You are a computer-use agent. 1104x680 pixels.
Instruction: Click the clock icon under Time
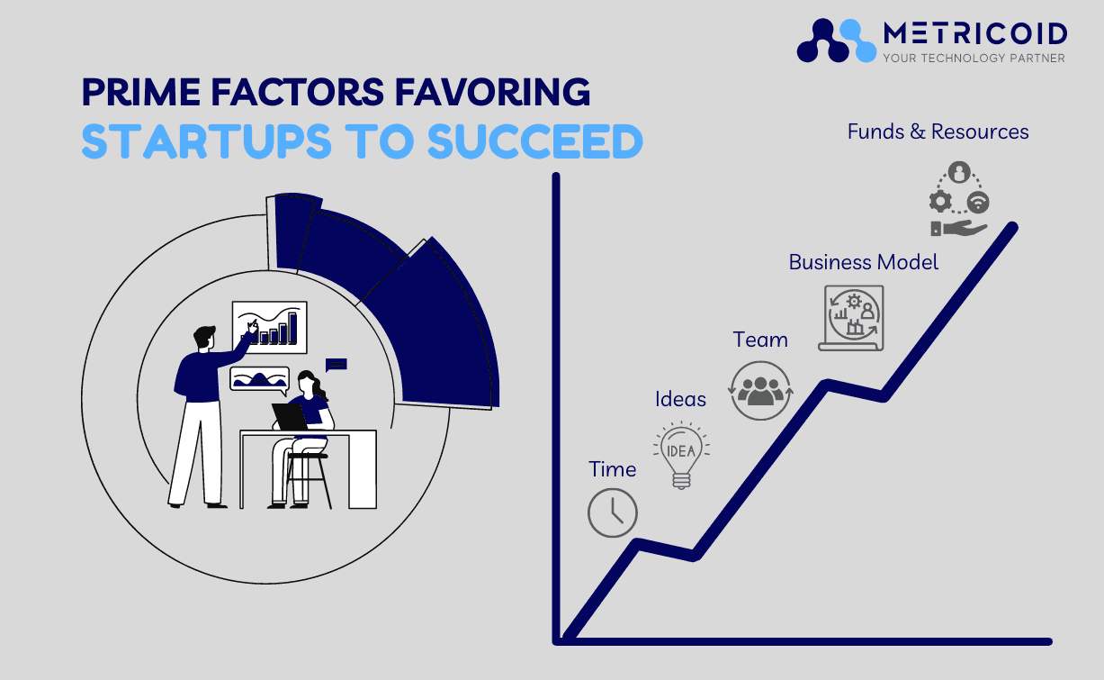click(613, 512)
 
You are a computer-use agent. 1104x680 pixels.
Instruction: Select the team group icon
click(760, 390)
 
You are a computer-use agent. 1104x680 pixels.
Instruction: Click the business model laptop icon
click(852, 318)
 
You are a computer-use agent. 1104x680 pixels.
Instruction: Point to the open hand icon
click(958, 228)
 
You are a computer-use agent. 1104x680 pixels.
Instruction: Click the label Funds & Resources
click(938, 131)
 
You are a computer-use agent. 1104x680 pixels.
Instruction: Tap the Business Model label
click(864, 262)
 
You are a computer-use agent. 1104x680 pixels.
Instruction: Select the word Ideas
click(680, 399)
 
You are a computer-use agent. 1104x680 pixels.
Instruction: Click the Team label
click(760, 340)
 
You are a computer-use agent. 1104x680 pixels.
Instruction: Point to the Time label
click(613, 469)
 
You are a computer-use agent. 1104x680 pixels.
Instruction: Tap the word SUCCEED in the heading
click(535, 141)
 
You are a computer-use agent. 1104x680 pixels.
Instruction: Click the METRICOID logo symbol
click(837, 41)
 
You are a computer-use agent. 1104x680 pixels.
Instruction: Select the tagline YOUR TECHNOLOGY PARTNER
click(974, 59)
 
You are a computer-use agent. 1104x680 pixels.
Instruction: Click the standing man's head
click(204, 337)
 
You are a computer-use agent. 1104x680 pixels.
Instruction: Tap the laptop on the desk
click(291, 417)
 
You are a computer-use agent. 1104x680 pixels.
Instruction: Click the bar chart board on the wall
click(270, 327)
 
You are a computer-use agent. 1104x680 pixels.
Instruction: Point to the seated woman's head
click(307, 382)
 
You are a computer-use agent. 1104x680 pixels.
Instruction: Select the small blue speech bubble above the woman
click(337, 365)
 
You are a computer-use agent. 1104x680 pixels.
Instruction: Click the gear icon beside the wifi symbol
click(940, 202)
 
